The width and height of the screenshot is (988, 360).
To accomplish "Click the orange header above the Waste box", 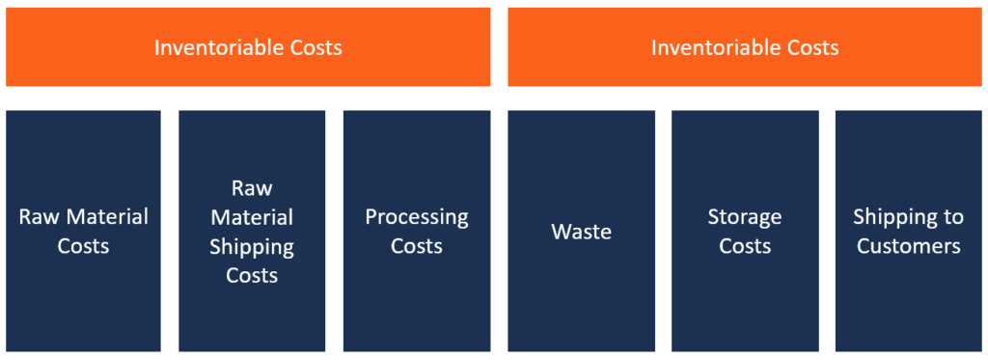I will click(745, 47).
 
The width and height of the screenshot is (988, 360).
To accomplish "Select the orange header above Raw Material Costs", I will click(248, 47).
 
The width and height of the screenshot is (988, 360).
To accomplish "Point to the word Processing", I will click(417, 217).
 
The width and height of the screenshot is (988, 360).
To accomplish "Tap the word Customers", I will click(909, 246).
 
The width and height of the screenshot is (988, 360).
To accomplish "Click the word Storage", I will click(745, 217).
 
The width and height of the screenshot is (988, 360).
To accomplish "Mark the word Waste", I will click(582, 232).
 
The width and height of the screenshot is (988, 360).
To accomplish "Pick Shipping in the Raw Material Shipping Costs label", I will click(252, 246).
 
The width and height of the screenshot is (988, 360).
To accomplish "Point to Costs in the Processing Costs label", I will click(417, 246).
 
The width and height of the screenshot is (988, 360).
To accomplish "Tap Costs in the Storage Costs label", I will click(745, 246).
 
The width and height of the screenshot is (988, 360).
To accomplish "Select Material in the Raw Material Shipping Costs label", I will click(252, 217).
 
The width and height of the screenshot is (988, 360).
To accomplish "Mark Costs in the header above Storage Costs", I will click(809, 47).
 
